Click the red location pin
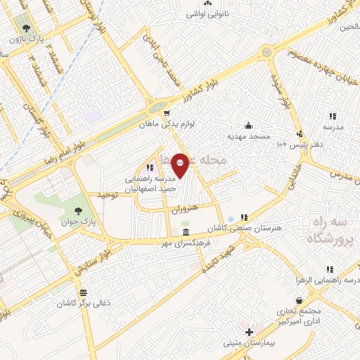tap(181, 165)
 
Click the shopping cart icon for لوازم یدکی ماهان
tap(167, 113)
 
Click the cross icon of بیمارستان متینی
tap(249, 330)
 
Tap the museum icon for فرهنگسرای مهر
tap(185, 233)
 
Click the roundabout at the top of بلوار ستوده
tap(266, 53)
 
